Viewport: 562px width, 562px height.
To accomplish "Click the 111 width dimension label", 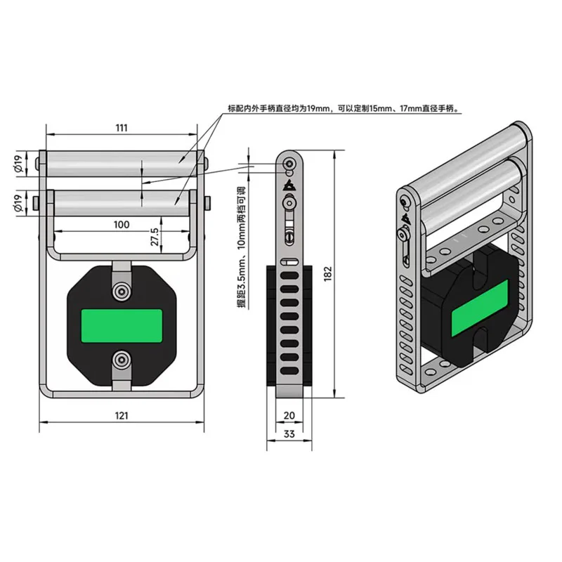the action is pyautogui.click(x=122, y=128).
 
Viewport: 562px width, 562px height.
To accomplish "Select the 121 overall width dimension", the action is pyautogui.click(x=122, y=415).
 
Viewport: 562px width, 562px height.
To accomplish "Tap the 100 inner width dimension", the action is pyautogui.click(x=122, y=225).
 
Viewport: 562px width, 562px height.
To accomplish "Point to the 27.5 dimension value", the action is pyautogui.click(x=155, y=237).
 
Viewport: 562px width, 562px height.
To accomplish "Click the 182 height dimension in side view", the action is pyautogui.click(x=328, y=273).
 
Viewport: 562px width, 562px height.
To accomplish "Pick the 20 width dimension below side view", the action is pyautogui.click(x=289, y=415).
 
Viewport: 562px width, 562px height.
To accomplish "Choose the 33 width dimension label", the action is pyautogui.click(x=289, y=433).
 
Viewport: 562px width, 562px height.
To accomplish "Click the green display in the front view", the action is pyautogui.click(x=122, y=326).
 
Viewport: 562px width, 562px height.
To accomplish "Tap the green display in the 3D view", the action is pyautogui.click(x=480, y=308).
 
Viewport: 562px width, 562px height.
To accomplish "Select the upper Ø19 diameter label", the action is pyautogui.click(x=19, y=164).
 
